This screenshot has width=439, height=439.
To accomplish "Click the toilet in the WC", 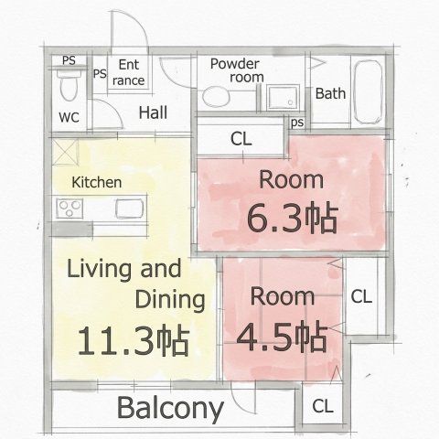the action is click(x=69, y=84).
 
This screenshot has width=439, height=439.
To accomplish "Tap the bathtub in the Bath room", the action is click(x=369, y=92).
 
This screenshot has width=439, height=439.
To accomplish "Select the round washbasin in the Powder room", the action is click(x=216, y=97).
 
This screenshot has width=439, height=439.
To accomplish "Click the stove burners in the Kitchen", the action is click(x=70, y=209).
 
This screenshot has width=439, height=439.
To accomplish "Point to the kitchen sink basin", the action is click(x=130, y=209).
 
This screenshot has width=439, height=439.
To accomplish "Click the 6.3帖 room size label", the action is click(x=293, y=219).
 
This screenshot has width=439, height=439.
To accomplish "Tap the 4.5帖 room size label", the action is click(x=282, y=337).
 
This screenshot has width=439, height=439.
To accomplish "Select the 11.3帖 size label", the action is click(x=134, y=340).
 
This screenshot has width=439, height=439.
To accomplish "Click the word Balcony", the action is click(x=170, y=409).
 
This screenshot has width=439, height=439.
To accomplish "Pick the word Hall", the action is click(x=153, y=112).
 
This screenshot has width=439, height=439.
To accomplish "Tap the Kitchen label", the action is click(x=97, y=182).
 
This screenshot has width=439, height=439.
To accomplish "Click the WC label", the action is click(x=69, y=117).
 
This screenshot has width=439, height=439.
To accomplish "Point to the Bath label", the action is click(x=330, y=93).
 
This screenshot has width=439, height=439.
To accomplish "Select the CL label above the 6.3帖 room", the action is click(x=241, y=139).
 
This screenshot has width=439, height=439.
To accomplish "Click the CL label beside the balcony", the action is click(x=323, y=406).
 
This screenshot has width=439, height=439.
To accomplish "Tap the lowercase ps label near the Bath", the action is click(x=297, y=123).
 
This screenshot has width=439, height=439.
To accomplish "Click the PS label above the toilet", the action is click(x=69, y=60).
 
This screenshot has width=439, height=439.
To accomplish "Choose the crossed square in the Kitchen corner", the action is click(x=65, y=153).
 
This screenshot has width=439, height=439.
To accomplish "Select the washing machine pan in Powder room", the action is click(x=283, y=97).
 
